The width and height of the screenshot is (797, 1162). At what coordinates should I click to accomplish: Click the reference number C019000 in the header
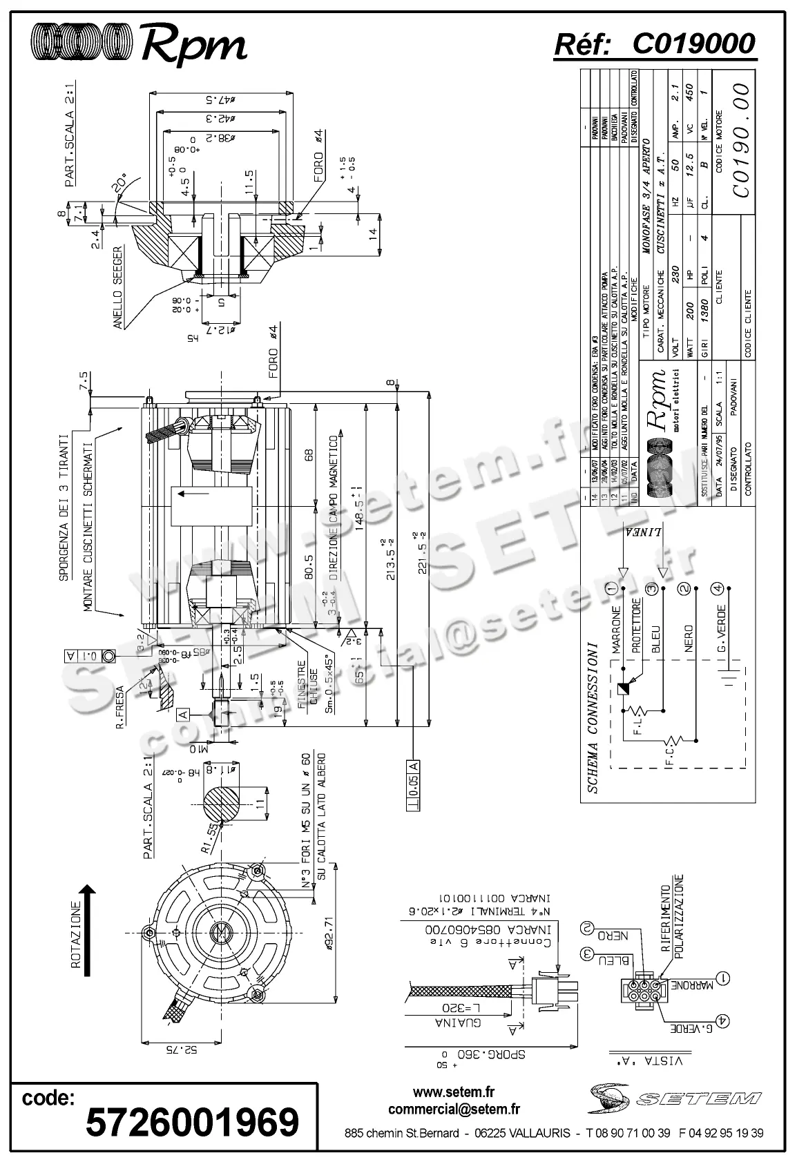coord(693,44)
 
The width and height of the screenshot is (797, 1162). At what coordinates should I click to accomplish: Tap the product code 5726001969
coord(192,1121)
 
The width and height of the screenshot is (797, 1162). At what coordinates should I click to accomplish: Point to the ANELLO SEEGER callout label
coord(118,287)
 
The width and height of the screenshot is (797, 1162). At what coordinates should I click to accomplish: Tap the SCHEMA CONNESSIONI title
coord(592,717)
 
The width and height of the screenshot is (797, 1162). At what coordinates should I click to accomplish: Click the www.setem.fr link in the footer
coord(454,1092)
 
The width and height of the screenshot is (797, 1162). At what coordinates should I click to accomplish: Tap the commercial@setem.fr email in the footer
coord(454,1110)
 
